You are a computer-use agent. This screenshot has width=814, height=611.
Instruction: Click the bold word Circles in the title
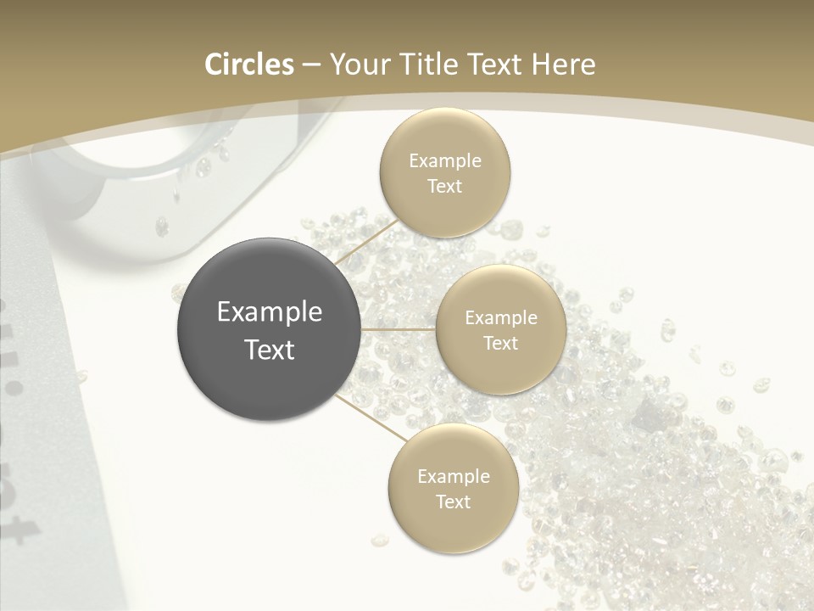point(248,64)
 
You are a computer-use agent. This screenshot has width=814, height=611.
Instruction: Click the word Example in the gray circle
point(270,312)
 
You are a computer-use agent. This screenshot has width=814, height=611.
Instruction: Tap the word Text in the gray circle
point(270,350)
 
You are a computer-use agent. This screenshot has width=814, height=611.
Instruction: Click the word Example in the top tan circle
point(445,160)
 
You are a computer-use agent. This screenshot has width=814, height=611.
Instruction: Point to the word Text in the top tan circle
point(445,186)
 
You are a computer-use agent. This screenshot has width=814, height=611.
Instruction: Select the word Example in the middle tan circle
point(500,317)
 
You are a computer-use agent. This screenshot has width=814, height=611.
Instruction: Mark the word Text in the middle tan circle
point(500,343)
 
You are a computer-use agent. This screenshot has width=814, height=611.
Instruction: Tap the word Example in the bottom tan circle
point(454,476)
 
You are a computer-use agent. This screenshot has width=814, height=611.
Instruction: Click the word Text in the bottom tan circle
point(454,502)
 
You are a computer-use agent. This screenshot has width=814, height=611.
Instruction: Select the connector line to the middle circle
point(399,329)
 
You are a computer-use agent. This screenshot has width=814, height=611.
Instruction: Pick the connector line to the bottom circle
point(371,418)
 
